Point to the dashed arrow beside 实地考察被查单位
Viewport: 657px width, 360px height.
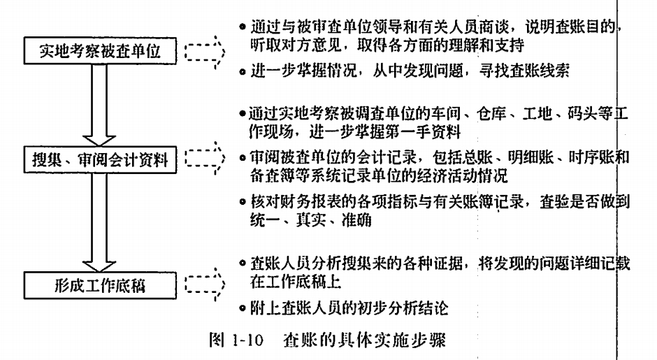205,51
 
